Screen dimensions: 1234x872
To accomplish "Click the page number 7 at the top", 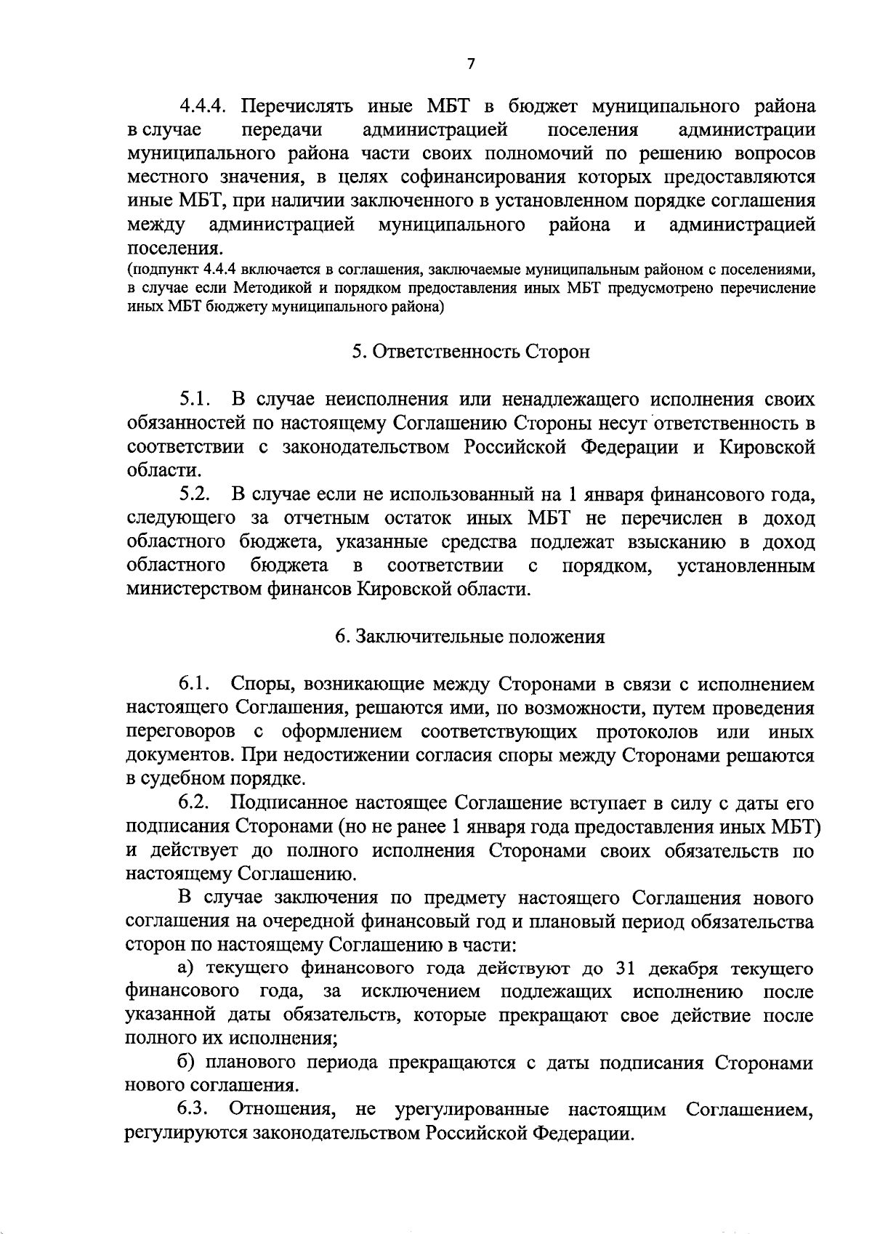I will [x=471, y=64].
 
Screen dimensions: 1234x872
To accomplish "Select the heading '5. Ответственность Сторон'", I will [x=471, y=352].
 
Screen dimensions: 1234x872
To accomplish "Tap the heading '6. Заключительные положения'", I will [x=470, y=637].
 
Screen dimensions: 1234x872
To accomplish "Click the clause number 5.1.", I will [x=195, y=399].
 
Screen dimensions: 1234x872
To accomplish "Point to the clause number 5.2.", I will [x=195, y=495].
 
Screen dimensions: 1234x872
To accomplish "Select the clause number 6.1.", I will [x=195, y=684].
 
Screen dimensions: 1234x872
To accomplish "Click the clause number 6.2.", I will [x=195, y=803].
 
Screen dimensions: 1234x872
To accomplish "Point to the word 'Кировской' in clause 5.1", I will [x=767, y=447].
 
